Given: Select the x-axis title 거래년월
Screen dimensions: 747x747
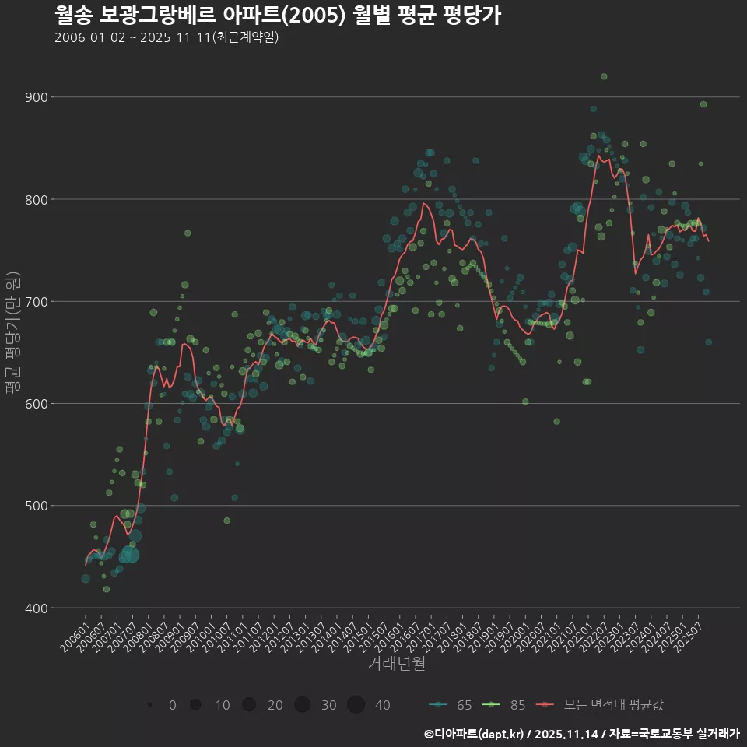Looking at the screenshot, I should pyautogui.click(x=396, y=664).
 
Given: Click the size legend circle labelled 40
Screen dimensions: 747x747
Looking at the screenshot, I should pyautogui.click(x=356, y=705).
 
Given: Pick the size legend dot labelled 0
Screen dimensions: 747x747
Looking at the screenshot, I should pyautogui.click(x=149, y=705).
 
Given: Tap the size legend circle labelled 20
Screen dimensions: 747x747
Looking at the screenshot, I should pyautogui.click(x=249, y=705).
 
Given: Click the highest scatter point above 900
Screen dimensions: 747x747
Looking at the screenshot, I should pyautogui.click(x=604, y=76).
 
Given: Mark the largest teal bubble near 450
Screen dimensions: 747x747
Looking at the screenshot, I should pyautogui.click(x=129, y=554).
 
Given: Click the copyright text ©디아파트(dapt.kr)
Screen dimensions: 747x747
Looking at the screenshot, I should pyautogui.click(x=474, y=734).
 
